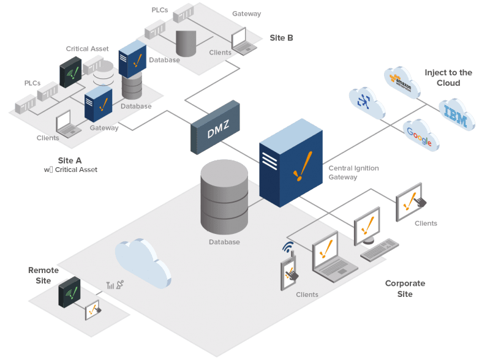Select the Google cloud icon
pyautogui.click(x=421, y=137)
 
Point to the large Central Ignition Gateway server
pyautogui.click(x=290, y=162)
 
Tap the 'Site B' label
pyautogui.click(x=281, y=37)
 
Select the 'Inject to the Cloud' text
pyautogui.click(x=448, y=77)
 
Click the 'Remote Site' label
pyautogui.click(x=43, y=275)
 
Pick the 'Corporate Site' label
pyautogui.click(x=404, y=288)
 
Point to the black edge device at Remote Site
pyautogui.click(x=70, y=293)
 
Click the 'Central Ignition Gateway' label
pyautogui.click(x=353, y=173)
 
